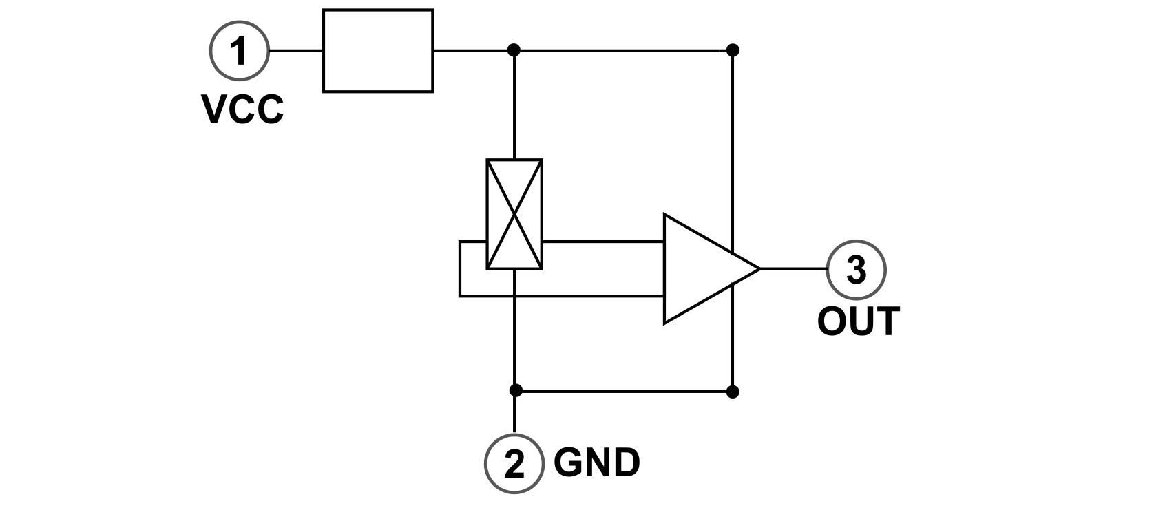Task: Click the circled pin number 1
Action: pos(239,50)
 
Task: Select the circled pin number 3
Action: pos(855,269)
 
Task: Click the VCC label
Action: pos(242,110)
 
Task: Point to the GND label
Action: pos(597,463)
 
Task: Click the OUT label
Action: pos(858,322)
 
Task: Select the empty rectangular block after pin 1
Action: pos(378,50)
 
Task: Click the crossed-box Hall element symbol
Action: pos(514,214)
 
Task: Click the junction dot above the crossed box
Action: pos(514,50)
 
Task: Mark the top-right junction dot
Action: pos(733,50)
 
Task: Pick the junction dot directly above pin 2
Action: pos(515,391)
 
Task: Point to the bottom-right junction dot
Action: pos(733,392)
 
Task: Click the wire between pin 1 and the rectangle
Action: pos(296,50)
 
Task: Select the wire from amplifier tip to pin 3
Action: pos(792,268)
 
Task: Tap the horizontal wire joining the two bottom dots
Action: pos(623,392)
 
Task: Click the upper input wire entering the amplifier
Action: pos(602,242)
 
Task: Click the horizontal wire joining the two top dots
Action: pos(623,50)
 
